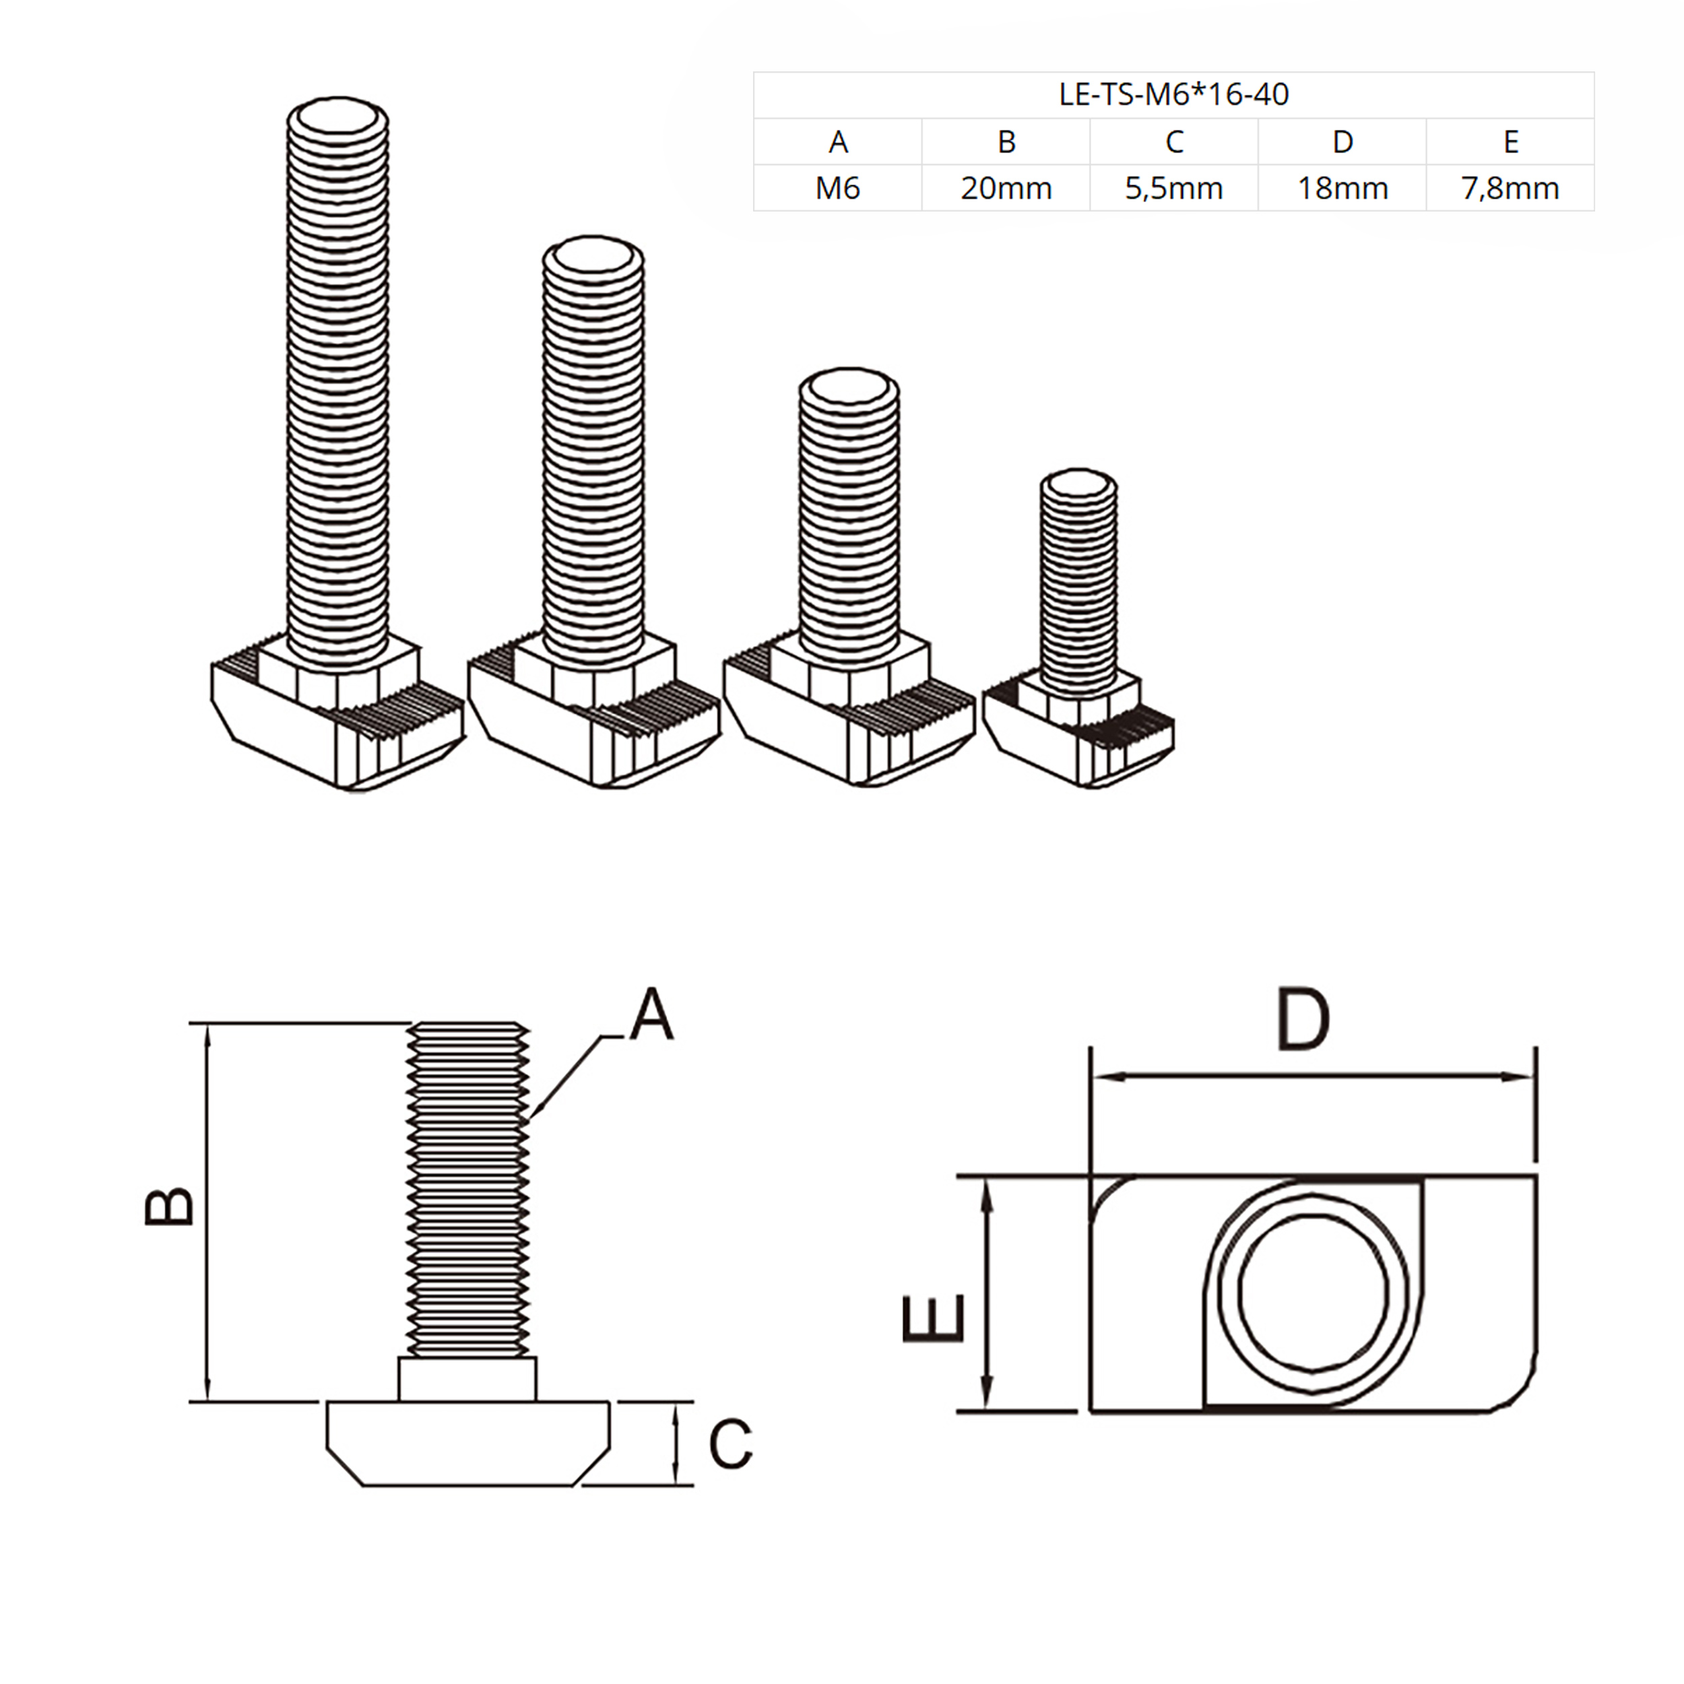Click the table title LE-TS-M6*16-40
pyautogui.click(x=1173, y=94)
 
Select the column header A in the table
pyautogui.click(x=838, y=141)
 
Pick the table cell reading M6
pyautogui.click(x=838, y=189)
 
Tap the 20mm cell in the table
pyautogui.click(x=1006, y=189)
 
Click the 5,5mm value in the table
pyautogui.click(x=1173, y=189)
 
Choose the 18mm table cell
pyautogui.click(x=1342, y=189)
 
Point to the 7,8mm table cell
pyautogui.click(x=1510, y=189)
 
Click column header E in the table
pyautogui.click(x=1510, y=141)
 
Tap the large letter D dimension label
pyautogui.click(x=1303, y=1018)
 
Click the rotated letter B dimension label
pyautogui.click(x=169, y=1207)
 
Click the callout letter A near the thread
pyautogui.click(x=652, y=1014)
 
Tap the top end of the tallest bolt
pyautogui.click(x=338, y=116)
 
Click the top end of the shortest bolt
pyautogui.click(x=1079, y=484)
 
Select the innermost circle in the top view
pyautogui.click(x=1313, y=1295)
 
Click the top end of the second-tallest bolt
pyautogui.click(x=593, y=255)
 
